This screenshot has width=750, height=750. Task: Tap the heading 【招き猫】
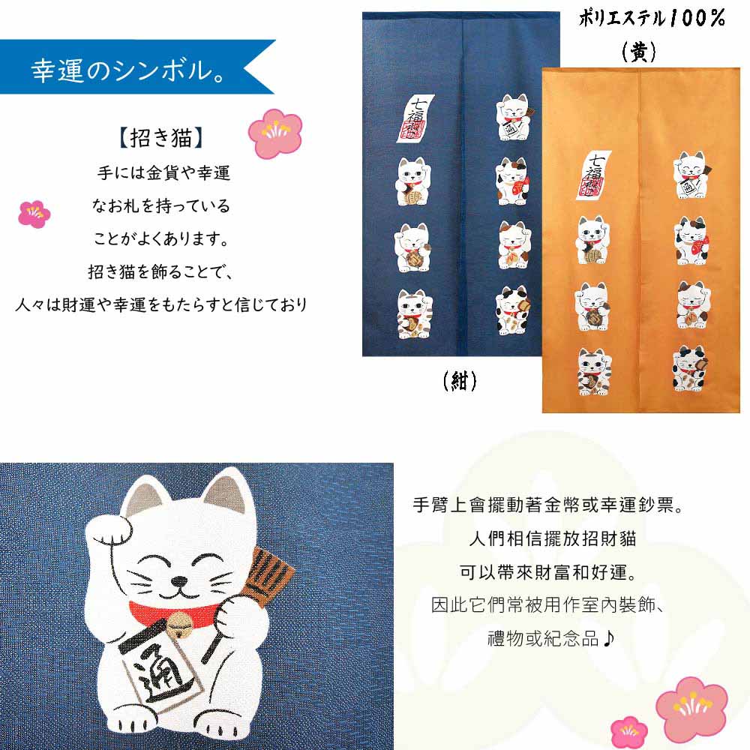[x=163, y=139]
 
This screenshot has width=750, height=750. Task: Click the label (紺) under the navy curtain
[x=460, y=381]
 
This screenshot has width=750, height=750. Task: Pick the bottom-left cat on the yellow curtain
[x=592, y=372]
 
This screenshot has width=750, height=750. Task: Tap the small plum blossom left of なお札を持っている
[x=34, y=214]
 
